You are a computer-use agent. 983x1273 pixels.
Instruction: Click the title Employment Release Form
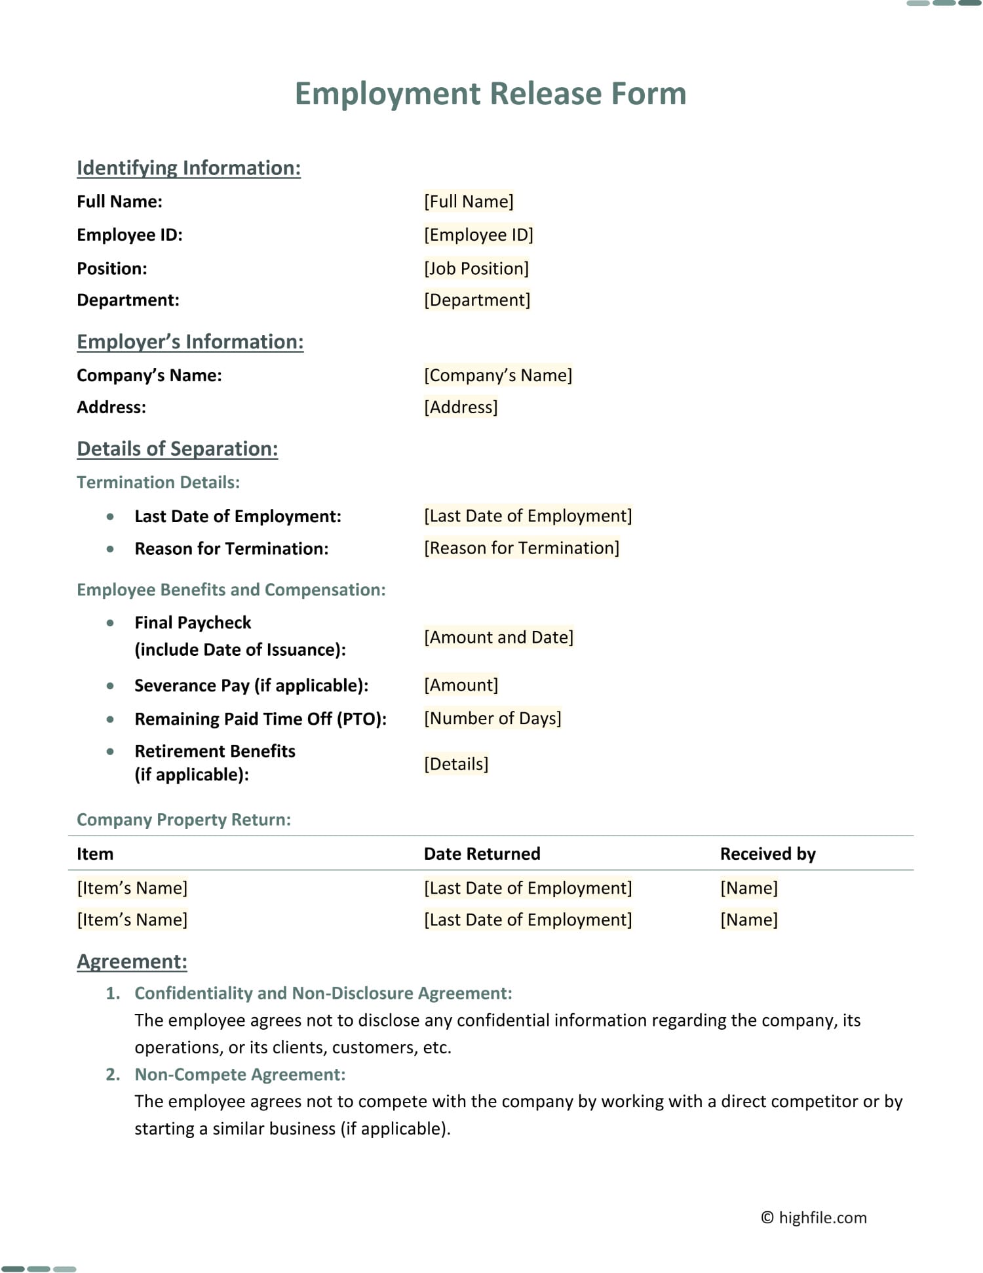(490, 93)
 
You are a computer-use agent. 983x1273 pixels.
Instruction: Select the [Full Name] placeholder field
(469, 201)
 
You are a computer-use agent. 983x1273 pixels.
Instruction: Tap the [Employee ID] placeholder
(478, 235)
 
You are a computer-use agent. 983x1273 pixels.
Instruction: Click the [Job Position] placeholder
(476, 268)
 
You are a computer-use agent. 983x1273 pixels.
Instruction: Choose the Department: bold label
(128, 300)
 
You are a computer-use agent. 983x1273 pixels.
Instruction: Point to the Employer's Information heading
(190, 342)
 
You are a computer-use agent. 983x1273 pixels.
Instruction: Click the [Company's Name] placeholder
(498, 375)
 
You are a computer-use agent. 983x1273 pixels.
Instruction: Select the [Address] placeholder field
(461, 407)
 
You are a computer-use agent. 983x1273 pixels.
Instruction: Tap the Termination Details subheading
(158, 482)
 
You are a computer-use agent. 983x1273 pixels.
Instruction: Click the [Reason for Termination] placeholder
(522, 548)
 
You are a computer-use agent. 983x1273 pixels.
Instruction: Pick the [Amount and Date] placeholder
(499, 637)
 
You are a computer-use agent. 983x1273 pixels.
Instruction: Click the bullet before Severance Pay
(110, 686)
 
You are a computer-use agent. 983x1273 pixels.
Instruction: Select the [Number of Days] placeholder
(493, 718)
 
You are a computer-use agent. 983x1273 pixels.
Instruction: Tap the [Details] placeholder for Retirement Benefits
(456, 764)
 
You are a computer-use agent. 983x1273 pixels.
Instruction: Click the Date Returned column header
(482, 853)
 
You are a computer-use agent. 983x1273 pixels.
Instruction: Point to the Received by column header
(767, 853)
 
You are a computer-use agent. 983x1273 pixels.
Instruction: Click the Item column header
(95, 853)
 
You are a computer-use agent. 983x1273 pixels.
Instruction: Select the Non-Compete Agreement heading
(240, 1074)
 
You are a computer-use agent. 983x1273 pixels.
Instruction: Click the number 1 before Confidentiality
(112, 993)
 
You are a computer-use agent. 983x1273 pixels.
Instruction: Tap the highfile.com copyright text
(814, 1217)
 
